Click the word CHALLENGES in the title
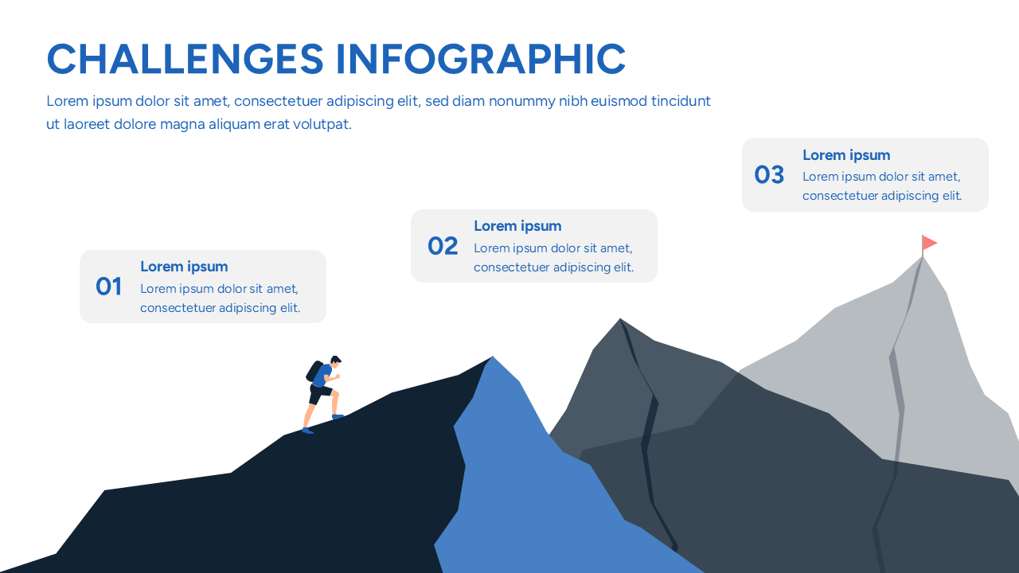(x=185, y=59)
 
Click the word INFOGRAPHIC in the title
(x=480, y=59)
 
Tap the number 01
(x=108, y=286)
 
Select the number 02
(x=443, y=246)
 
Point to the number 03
(x=769, y=174)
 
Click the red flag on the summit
(x=929, y=242)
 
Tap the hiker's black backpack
(x=314, y=372)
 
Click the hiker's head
(x=335, y=362)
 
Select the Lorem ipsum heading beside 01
(x=184, y=267)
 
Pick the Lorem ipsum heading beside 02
(x=517, y=226)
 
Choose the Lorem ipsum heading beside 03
(x=846, y=155)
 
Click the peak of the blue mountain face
(x=494, y=359)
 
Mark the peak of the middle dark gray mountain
(x=620, y=321)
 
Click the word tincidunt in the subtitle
(x=681, y=101)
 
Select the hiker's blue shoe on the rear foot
(x=307, y=431)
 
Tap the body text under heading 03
(x=882, y=186)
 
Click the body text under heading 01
(x=220, y=298)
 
